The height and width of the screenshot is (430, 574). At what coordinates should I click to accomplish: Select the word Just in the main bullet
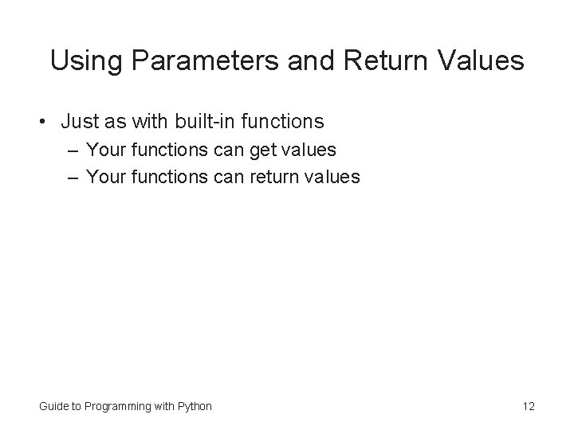(x=79, y=122)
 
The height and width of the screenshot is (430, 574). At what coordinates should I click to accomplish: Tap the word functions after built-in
(x=285, y=122)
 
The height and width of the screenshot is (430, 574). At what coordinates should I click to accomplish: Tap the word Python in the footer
(x=195, y=406)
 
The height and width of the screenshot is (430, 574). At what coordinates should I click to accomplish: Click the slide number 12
(x=529, y=406)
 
